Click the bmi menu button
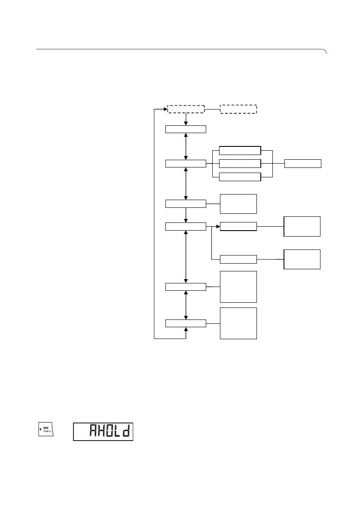tap(45, 430)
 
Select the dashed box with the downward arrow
tap(186, 109)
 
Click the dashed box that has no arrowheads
tap(238, 109)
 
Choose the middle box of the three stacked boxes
tap(240, 164)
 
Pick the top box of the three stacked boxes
tap(240, 150)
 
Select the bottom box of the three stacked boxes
tap(240, 177)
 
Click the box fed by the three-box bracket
tap(302, 164)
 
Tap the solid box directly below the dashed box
tap(186, 129)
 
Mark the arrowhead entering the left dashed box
tap(165, 109)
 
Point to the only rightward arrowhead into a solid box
tap(217, 226)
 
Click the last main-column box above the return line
tap(186, 323)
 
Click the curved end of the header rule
tap(325, 52)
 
